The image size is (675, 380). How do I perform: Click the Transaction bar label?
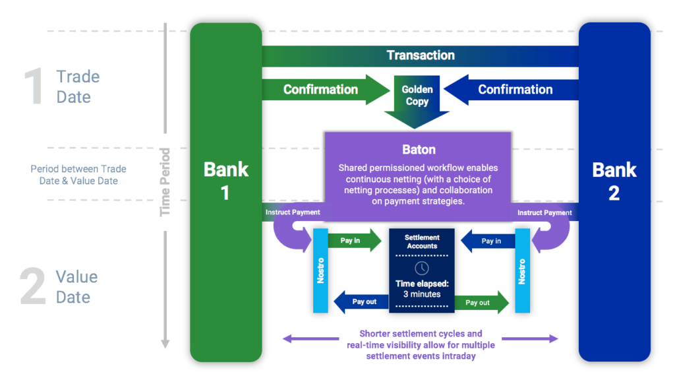(x=421, y=55)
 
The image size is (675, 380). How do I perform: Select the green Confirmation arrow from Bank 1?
(x=321, y=89)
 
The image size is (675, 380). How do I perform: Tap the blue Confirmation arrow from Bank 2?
(x=515, y=89)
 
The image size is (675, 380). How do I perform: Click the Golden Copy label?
(x=417, y=96)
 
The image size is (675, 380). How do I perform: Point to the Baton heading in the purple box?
(x=418, y=150)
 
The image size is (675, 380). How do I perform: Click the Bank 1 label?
(x=225, y=181)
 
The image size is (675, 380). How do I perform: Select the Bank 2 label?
(x=614, y=181)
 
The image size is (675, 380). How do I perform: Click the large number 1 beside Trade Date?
(x=32, y=86)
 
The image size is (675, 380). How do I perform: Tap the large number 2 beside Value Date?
(x=32, y=286)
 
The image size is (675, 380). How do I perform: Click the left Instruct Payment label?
(x=293, y=212)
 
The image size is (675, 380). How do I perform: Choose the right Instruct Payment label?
(x=544, y=212)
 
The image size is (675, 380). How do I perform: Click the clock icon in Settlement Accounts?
(x=422, y=268)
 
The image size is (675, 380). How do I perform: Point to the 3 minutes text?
(x=422, y=294)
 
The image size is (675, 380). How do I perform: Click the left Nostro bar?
(x=320, y=270)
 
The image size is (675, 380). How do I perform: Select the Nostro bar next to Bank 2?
(x=522, y=270)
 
